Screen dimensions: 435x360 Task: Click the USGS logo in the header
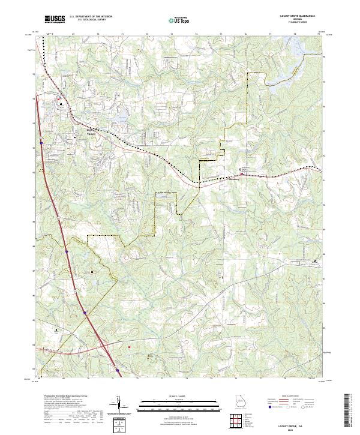[x=55, y=19]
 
